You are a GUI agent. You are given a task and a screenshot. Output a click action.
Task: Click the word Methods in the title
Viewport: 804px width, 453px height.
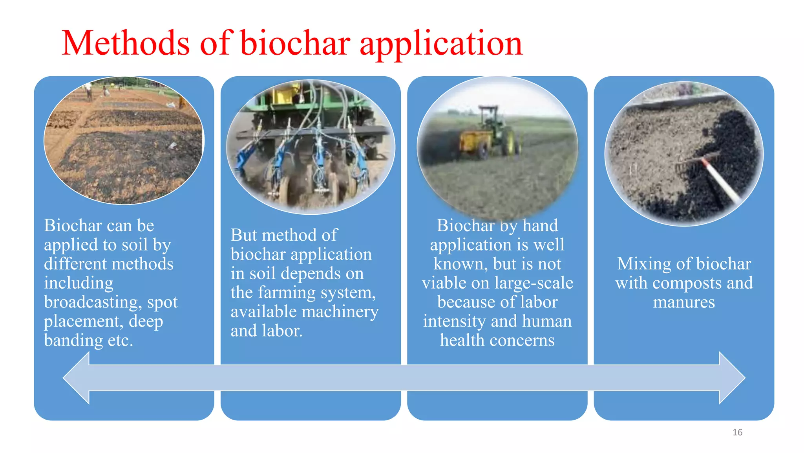[x=126, y=43]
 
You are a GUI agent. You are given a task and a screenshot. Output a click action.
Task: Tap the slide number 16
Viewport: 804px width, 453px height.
[x=737, y=433]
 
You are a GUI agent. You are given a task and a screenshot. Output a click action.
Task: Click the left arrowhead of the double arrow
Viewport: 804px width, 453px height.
[x=77, y=378]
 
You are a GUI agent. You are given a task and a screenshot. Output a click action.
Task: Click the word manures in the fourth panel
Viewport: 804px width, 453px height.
[x=684, y=302]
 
